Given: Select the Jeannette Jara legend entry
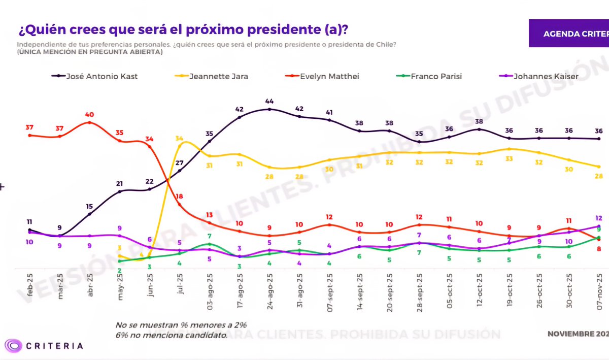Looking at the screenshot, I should pyautogui.click(x=218, y=76).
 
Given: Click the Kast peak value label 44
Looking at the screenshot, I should pyautogui.click(x=269, y=101).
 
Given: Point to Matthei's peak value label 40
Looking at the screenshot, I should pyautogui.click(x=90, y=114).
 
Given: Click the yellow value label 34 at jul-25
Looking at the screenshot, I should pyautogui.click(x=179, y=138).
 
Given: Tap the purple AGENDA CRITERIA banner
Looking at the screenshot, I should pyautogui.click(x=569, y=34).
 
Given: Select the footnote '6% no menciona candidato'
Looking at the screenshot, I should pyautogui.click(x=171, y=335).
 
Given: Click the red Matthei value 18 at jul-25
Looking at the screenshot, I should pyautogui.click(x=179, y=197).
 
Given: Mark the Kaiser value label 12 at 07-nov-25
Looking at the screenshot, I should pyautogui.click(x=599, y=218).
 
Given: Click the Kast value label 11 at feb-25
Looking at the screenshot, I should pyautogui.click(x=30, y=222).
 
